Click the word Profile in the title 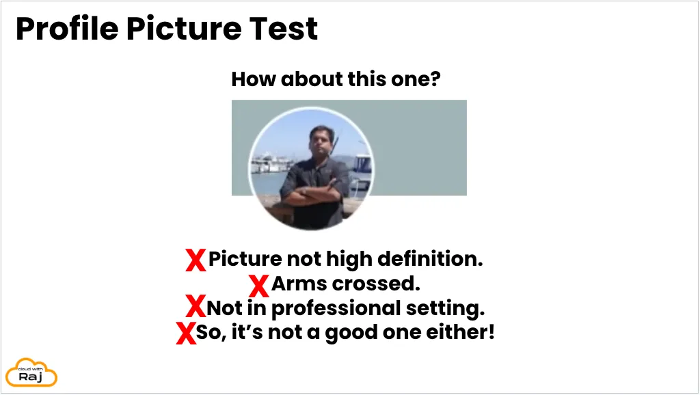[68, 29]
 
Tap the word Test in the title [284, 29]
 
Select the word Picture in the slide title [184, 29]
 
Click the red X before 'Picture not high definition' [196, 260]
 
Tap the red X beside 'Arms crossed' [259, 286]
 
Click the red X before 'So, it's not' [186, 333]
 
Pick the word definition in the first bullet [430, 259]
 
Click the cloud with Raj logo [31, 372]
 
